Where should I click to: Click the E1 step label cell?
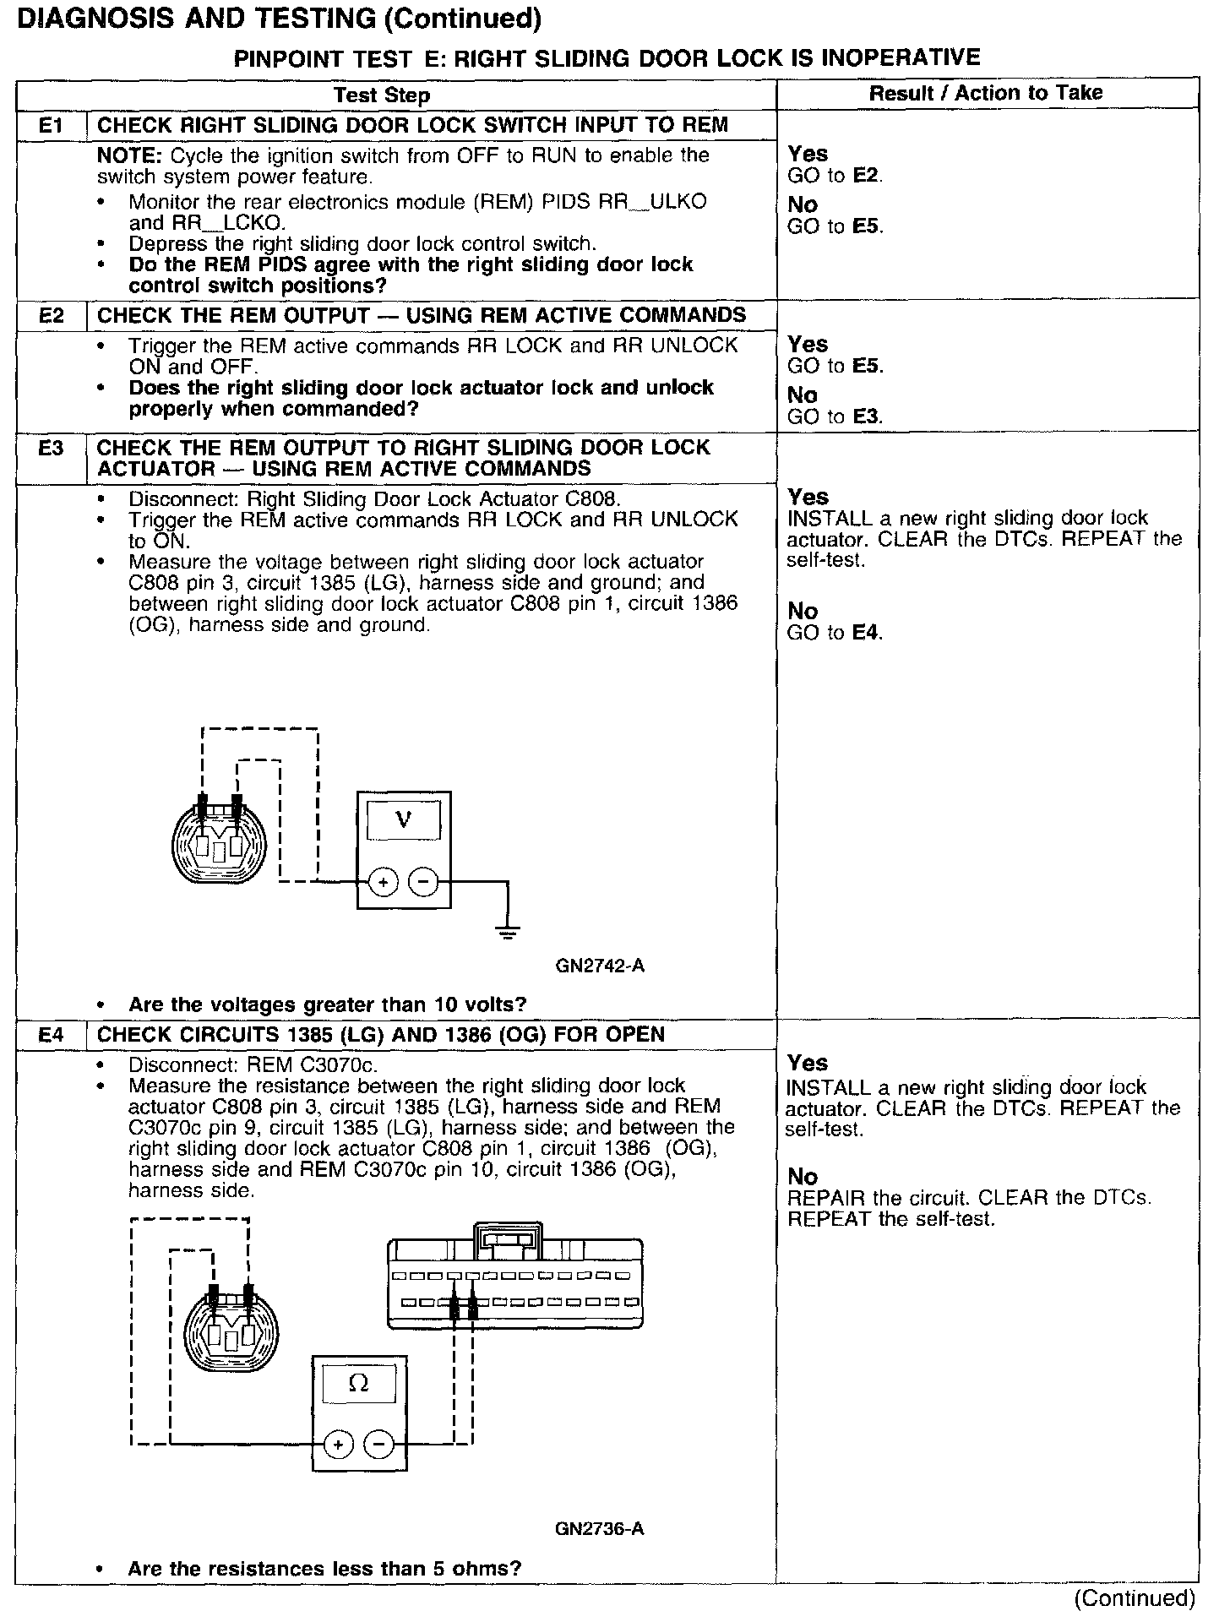(x=52, y=126)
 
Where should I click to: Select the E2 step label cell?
(x=52, y=316)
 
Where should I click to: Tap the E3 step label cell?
(x=52, y=448)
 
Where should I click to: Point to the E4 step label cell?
(x=52, y=1034)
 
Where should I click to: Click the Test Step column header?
(x=382, y=95)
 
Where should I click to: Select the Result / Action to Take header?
(x=986, y=93)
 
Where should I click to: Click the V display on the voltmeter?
(x=404, y=819)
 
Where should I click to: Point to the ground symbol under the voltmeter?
(x=507, y=933)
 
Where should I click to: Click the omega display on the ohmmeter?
(x=359, y=1383)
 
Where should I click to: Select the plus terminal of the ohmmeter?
(x=338, y=1444)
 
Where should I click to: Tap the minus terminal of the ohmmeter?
(x=378, y=1444)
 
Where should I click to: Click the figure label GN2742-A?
(x=600, y=965)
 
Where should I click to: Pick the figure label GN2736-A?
(x=600, y=1528)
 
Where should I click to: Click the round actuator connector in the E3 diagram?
(x=218, y=841)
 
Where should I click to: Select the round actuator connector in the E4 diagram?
(x=231, y=1333)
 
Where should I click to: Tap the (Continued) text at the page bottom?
(x=1134, y=1598)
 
